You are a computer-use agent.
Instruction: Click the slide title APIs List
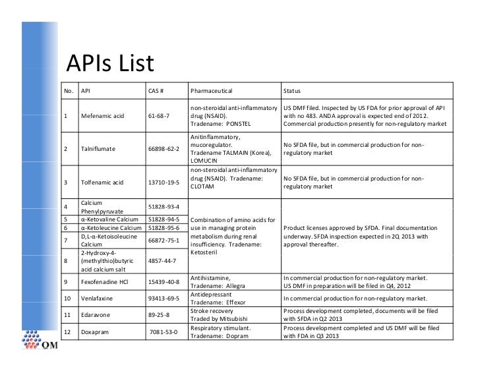(x=110, y=64)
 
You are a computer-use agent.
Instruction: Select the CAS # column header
(x=156, y=90)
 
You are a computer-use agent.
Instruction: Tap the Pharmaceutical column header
(x=211, y=90)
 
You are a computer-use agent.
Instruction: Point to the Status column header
(x=292, y=90)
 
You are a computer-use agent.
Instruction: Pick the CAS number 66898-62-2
(x=164, y=148)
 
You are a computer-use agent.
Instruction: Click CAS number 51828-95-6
(x=164, y=228)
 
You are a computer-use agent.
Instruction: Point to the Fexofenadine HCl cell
(x=105, y=282)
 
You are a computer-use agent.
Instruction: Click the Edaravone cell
(x=95, y=316)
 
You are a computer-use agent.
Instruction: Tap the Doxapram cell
(x=94, y=332)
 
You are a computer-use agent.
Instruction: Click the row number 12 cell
(x=67, y=332)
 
